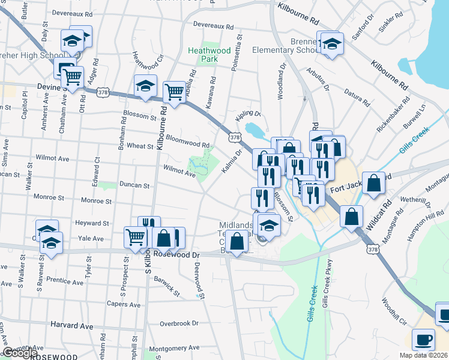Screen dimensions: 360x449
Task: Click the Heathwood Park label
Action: (209, 55)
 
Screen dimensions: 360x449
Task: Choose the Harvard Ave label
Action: (72, 325)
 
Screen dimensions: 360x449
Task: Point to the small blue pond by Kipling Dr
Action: (254, 129)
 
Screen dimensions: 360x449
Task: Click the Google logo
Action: (20, 353)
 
